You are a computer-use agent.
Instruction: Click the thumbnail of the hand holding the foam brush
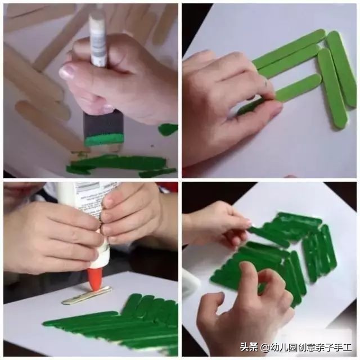coord(67,72)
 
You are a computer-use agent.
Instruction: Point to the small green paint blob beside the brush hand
coord(168,129)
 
